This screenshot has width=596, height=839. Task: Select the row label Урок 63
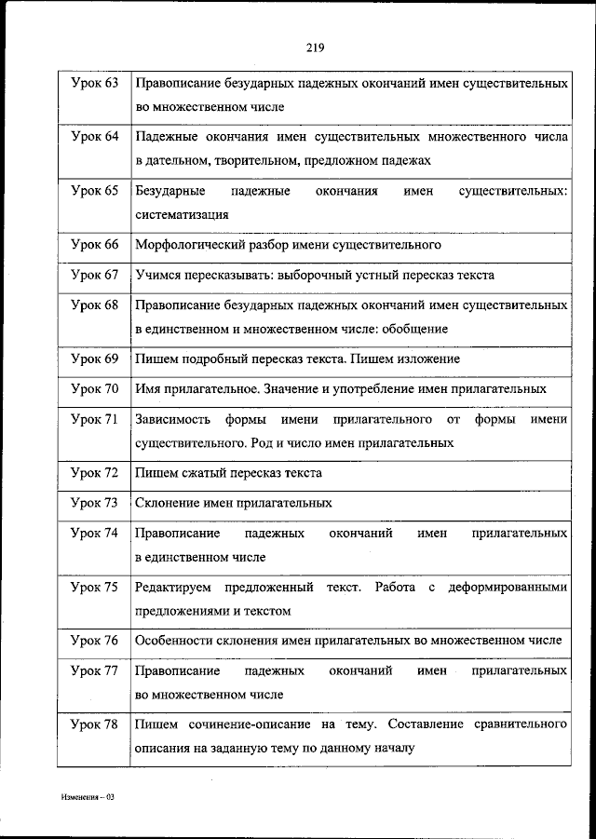pos(94,84)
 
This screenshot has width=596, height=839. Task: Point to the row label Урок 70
pos(94,388)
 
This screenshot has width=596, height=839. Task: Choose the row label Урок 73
pos(94,503)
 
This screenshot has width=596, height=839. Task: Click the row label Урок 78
pos(94,724)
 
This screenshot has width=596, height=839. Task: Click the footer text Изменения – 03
pos(87,798)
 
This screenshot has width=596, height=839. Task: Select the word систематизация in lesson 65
pos(182,213)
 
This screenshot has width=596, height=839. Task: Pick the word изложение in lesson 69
pos(432,359)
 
